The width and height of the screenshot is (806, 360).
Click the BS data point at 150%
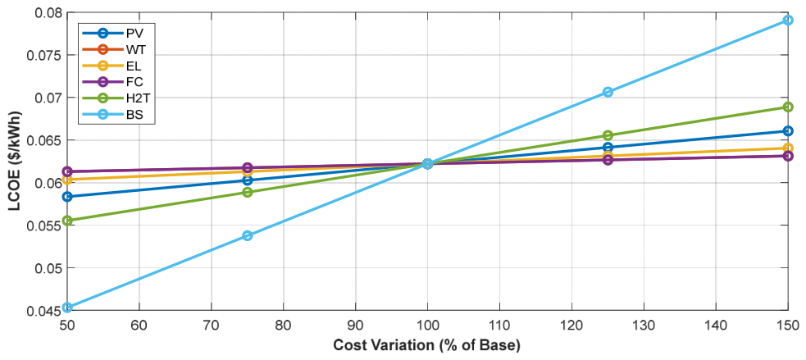pos(787,20)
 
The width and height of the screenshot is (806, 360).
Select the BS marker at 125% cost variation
pos(608,92)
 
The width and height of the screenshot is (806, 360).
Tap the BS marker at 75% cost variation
pos(248,235)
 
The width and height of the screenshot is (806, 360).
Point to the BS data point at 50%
pos(67,307)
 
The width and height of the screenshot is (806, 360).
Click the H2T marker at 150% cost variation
pos(787,107)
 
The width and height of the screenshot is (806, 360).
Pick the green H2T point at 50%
pos(67,221)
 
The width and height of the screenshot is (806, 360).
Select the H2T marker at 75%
pos(248,192)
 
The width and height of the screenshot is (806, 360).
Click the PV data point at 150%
pos(787,131)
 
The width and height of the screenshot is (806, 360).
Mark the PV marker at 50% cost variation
pos(67,197)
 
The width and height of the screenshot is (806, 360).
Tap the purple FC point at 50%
pos(67,171)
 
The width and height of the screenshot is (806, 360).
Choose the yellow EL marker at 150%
pos(787,148)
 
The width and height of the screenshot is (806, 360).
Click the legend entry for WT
pos(117,50)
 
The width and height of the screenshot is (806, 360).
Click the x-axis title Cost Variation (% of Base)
pos(427,344)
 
